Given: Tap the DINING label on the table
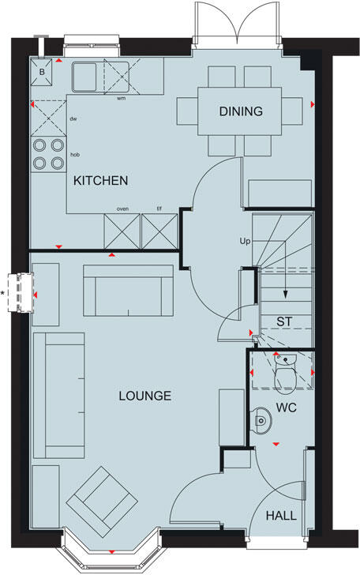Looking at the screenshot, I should (241, 111).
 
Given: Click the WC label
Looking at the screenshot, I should (285, 411).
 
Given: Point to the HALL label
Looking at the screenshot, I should (281, 515).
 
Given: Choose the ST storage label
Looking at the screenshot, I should (286, 321).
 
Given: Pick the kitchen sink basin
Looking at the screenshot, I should (84, 76).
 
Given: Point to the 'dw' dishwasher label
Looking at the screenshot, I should (73, 119).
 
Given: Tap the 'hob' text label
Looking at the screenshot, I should (75, 156).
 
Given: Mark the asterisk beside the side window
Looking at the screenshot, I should (3, 293).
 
